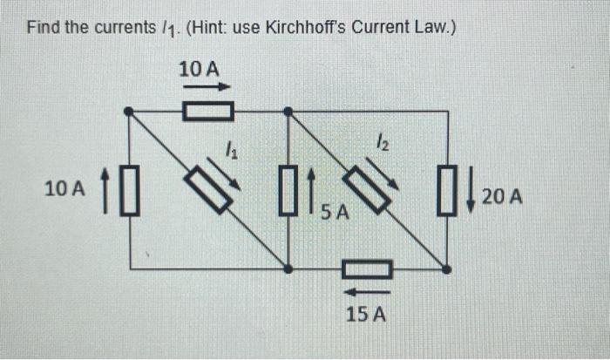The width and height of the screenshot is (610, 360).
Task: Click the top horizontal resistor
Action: tap(209, 111)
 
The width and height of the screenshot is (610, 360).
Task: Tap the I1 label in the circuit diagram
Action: tap(230, 151)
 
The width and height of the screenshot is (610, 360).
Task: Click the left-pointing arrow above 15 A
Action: tap(366, 290)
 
